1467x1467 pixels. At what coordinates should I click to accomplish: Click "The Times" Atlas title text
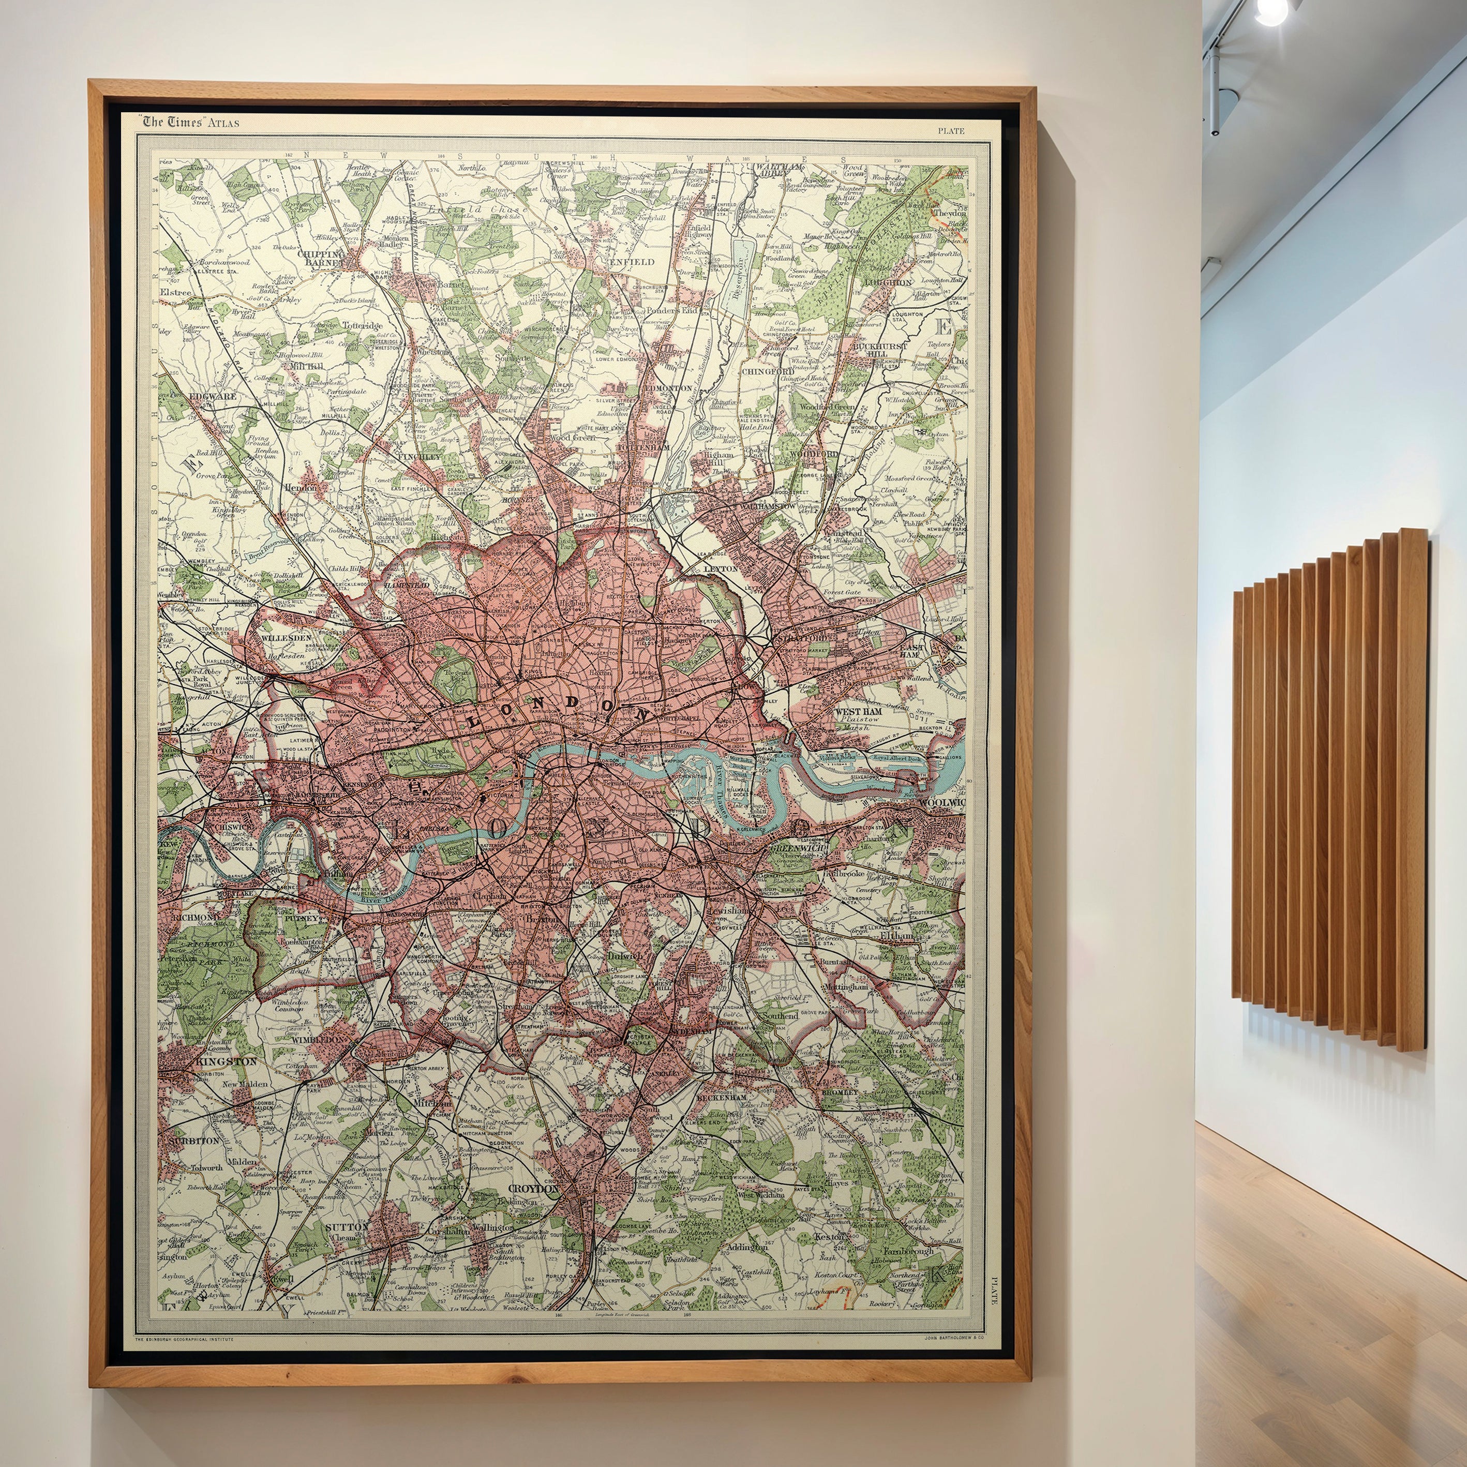click(x=189, y=122)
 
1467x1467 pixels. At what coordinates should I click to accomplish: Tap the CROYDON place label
click(x=533, y=1189)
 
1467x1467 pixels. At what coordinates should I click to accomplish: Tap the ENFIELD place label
click(x=631, y=262)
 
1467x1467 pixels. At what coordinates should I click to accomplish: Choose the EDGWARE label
click(x=213, y=396)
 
